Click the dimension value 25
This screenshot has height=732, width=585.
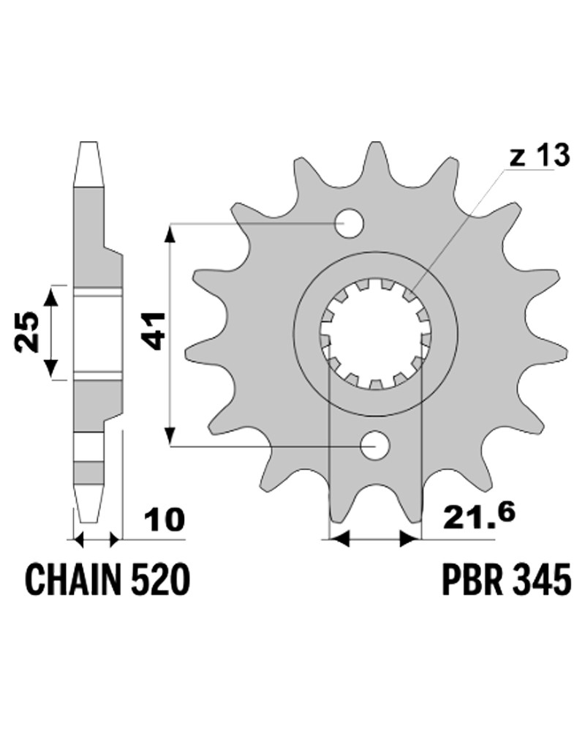point(26,332)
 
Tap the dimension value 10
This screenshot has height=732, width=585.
point(165,520)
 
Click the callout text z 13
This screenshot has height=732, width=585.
point(539,157)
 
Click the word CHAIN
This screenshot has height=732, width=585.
point(75,579)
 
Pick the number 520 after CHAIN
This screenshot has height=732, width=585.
point(161,579)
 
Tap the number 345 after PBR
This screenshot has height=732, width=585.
point(541,579)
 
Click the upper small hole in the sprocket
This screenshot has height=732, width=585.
point(350,223)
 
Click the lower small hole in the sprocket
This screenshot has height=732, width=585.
point(376,445)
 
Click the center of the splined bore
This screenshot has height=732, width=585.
point(376,334)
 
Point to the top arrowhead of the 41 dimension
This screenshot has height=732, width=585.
point(171,234)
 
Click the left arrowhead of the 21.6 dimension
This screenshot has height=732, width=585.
point(339,540)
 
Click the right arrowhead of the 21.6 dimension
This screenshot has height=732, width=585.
point(411,540)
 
